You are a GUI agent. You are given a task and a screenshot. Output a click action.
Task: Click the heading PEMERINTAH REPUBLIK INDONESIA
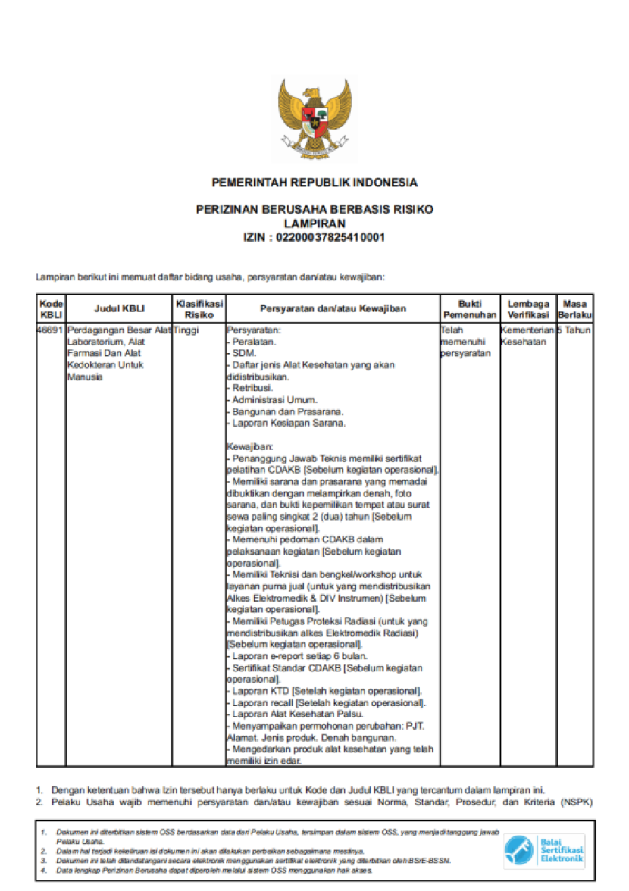[x=314, y=183]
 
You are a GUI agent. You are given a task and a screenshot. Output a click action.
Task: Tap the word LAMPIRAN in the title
[x=314, y=224]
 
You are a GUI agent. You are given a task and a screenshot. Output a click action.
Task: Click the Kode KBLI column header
[x=51, y=308]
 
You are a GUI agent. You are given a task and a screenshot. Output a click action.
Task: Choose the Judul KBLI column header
[x=119, y=308]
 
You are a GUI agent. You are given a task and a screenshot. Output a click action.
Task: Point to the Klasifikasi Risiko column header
[x=199, y=308]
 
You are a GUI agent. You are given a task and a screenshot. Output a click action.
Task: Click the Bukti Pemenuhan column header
[x=469, y=308]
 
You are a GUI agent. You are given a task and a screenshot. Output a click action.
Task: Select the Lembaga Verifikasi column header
[x=527, y=308]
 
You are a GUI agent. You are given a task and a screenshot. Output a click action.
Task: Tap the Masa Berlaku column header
[x=575, y=308]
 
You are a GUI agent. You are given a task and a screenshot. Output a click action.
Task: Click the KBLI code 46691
[x=51, y=330]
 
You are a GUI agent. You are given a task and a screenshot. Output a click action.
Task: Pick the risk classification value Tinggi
[x=186, y=330]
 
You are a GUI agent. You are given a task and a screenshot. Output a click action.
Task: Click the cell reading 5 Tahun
[x=575, y=330]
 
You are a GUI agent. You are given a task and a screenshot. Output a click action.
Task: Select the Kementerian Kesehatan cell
[x=527, y=336]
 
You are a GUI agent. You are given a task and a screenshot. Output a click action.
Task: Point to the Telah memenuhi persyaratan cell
[x=465, y=342]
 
